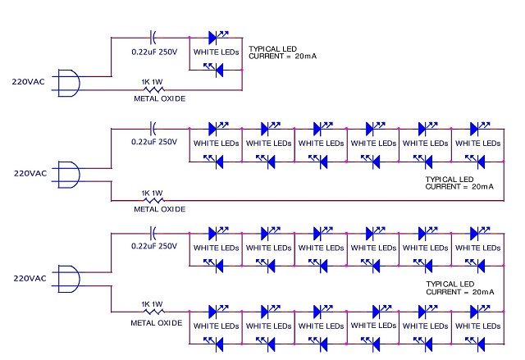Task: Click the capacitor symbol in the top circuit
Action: click(153, 37)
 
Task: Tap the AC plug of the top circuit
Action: click(71, 82)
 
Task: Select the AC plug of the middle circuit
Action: click(71, 174)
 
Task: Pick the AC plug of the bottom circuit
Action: click(71, 278)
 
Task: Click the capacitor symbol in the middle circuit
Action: click(153, 128)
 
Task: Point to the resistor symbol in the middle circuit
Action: click(153, 200)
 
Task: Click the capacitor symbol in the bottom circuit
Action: click(153, 232)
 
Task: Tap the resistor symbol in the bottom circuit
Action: click(153, 312)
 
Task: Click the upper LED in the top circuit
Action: click(216, 37)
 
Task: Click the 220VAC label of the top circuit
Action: click(29, 82)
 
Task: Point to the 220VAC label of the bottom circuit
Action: click(29, 278)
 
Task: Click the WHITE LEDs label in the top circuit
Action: click(217, 52)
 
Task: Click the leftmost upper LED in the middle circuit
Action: click(216, 128)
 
